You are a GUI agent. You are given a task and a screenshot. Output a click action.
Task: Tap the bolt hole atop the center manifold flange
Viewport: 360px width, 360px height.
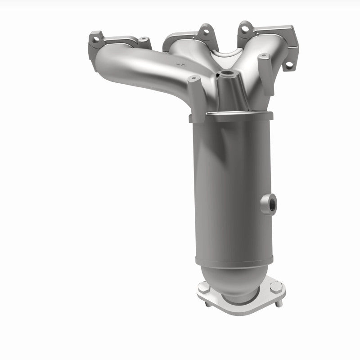[206, 32]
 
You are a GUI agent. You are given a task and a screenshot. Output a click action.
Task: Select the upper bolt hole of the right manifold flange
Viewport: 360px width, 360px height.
[244, 29]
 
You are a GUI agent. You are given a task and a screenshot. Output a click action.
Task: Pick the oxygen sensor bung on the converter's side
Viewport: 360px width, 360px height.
[270, 203]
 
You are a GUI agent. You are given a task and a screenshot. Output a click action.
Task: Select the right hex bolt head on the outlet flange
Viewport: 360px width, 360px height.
[275, 287]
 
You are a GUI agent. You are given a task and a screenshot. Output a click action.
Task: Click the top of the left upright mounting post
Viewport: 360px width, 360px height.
[193, 79]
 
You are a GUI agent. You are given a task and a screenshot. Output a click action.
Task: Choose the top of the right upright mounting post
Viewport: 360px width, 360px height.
[264, 56]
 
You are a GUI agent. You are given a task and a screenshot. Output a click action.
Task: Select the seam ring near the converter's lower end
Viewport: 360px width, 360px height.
[229, 261]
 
